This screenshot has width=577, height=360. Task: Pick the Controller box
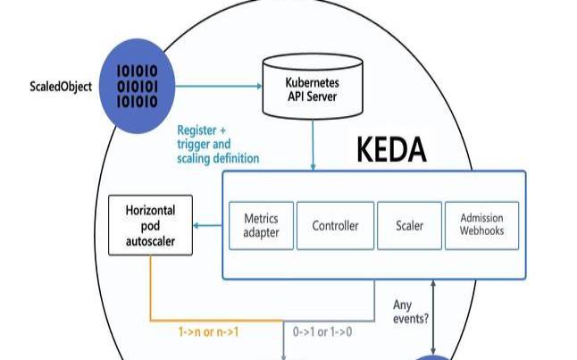[334, 225]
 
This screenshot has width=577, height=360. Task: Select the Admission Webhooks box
[481, 225]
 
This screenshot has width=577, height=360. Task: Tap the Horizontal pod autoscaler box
[149, 225]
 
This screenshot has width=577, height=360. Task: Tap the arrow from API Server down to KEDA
[313, 143]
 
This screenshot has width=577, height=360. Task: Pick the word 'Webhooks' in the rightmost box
[481, 231]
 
